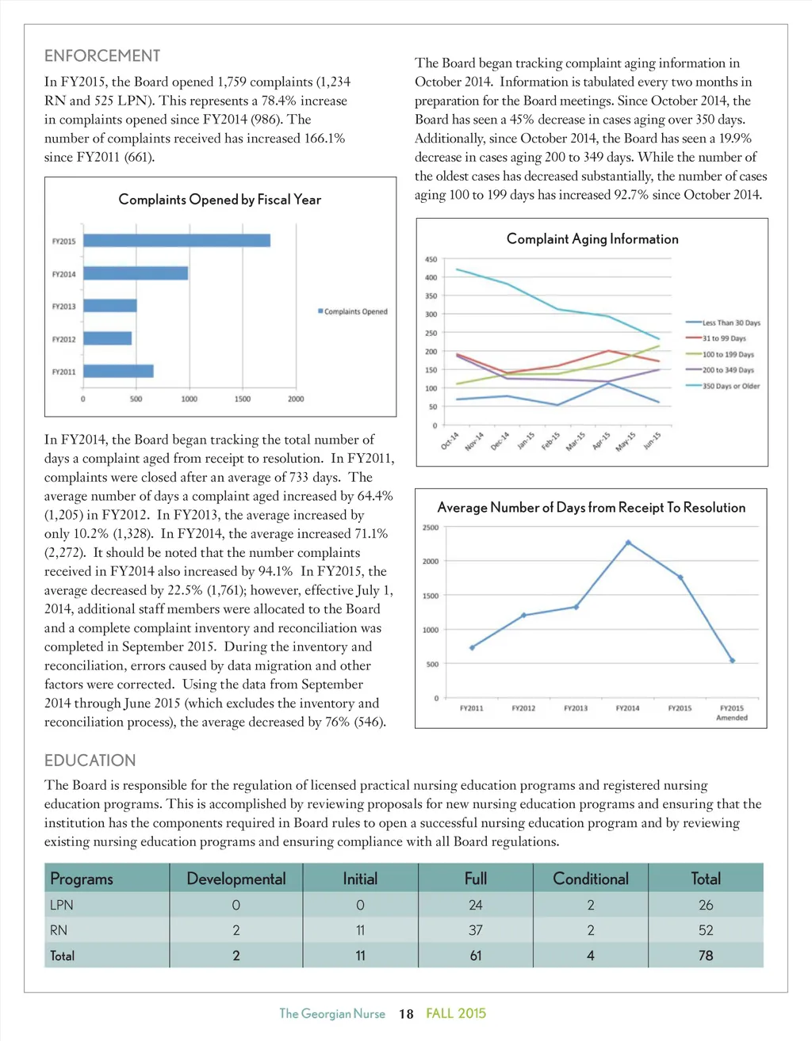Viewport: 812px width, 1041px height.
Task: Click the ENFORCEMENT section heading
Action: (x=102, y=55)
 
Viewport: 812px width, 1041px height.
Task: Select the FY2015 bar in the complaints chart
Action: (x=177, y=241)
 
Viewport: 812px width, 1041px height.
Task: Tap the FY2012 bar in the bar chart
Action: (x=108, y=338)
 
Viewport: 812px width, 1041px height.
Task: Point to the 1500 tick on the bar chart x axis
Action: (x=243, y=398)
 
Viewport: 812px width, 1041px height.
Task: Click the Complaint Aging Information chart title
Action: (x=592, y=238)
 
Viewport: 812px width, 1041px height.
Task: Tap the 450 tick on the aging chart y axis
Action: (x=431, y=259)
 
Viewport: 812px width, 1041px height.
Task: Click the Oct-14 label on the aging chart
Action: (x=450, y=440)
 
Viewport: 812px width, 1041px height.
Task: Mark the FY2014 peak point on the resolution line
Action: (x=628, y=543)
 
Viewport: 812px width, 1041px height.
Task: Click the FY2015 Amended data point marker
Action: (x=732, y=660)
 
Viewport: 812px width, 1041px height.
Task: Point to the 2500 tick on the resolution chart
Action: (x=430, y=527)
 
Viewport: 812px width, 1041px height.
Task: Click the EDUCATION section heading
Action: (x=90, y=760)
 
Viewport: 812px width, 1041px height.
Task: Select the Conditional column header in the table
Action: (x=590, y=879)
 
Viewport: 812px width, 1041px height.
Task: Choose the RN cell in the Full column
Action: (x=475, y=930)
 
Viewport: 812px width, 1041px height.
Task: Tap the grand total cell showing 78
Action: (x=706, y=955)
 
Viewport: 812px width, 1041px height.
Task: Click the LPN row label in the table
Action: (x=62, y=905)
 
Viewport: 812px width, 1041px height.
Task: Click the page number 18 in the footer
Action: (x=406, y=1014)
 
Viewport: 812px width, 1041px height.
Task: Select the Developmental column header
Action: (x=236, y=879)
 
